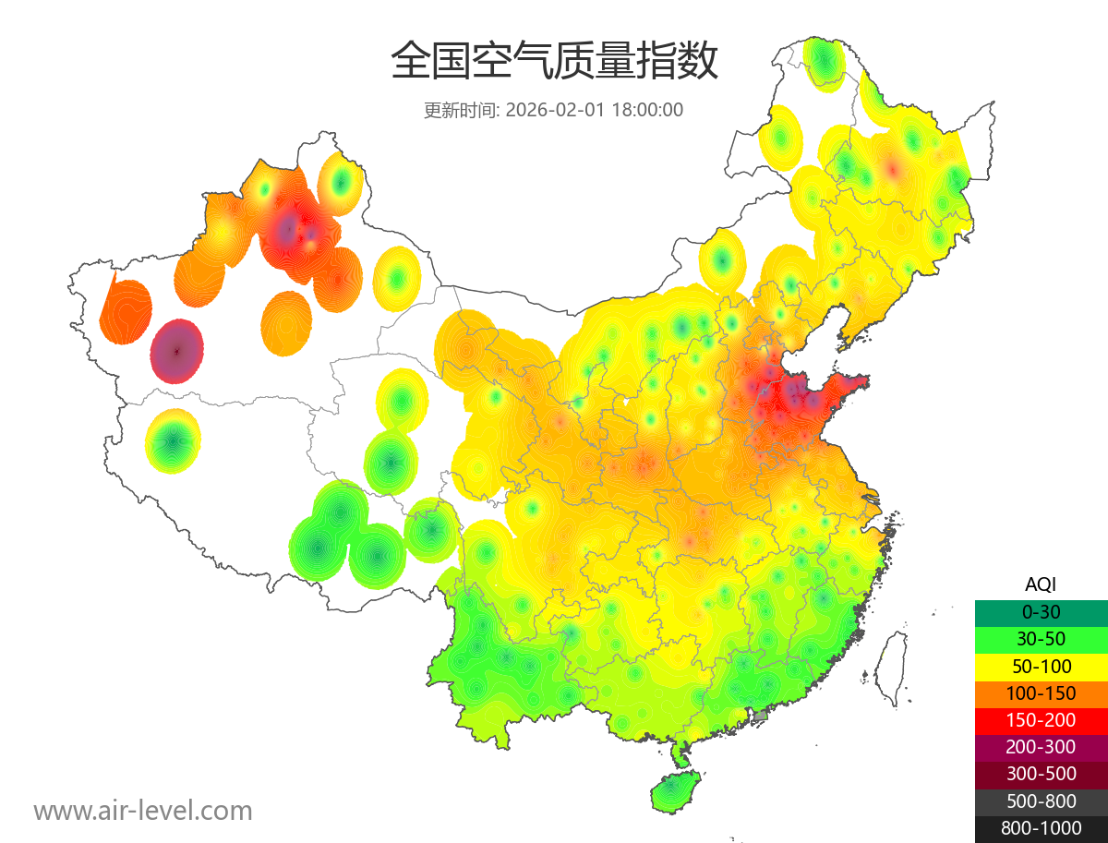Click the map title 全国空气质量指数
(x=554, y=61)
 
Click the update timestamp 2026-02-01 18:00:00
(x=595, y=110)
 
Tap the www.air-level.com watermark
(x=143, y=811)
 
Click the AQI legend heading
(x=1041, y=584)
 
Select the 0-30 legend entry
(x=1041, y=611)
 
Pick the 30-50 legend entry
(x=1041, y=638)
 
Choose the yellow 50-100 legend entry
(x=1041, y=665)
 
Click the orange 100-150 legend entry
(x=1041, y=692)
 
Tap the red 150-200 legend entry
(x=1041, y=719)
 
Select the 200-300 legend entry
(x=1041, y=746)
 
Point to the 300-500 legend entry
(x=1041, y=774)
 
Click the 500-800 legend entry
(x=1041, y=801)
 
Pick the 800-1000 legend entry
(x=1041, y=828)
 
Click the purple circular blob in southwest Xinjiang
(x=177, y=351)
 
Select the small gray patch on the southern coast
(x=761, y=716)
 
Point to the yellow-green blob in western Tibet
(x=174, y=441)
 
